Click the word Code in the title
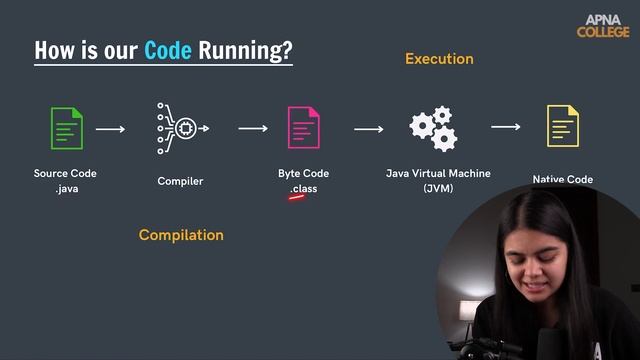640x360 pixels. click(x=168, y=50)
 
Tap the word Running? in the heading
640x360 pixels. click(x=246, y=51)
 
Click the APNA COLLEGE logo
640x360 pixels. click(x=603, y=25)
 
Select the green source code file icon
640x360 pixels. click(x=66, y=128)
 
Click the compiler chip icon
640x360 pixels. click(x=182, y=128)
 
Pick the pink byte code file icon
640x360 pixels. click(x=303, y=128)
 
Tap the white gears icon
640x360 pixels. click(x=433, y=128)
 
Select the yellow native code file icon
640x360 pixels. click(x=562, y=127)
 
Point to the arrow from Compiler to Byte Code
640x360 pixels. click(x=253, y=128)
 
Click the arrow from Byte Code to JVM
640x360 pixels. click(x=369, y=128)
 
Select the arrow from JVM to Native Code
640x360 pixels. click(x=506, y=127)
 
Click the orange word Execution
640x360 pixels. click(x=439, y=59)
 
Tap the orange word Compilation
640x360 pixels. click(x=181, y=235)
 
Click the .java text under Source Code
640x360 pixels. click(x=66, y=188)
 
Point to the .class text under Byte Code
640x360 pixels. click(x=303, y=188)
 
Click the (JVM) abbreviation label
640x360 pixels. click(x=438, y=188)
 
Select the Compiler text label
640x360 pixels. click(x=180, y=181)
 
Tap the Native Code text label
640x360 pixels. click(x=562, y=180)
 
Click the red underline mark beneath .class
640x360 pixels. click(x=297, y=197)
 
